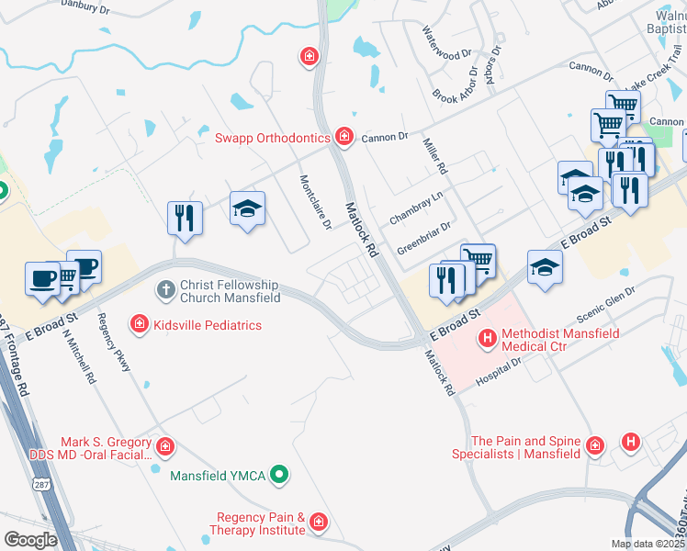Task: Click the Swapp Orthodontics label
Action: [272, 138]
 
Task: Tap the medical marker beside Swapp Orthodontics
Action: [344, 138]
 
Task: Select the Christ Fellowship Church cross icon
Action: [165, 291]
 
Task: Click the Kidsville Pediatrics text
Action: [208, 325]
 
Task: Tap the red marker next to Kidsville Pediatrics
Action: [139, 324]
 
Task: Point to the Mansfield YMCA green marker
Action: [282, 475]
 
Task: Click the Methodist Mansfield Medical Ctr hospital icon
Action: [488, 341]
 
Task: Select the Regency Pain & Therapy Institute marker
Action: [318, 523]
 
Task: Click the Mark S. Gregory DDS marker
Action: [165, 447]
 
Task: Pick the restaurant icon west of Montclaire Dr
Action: [185, 219]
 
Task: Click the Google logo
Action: [30, 540]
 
